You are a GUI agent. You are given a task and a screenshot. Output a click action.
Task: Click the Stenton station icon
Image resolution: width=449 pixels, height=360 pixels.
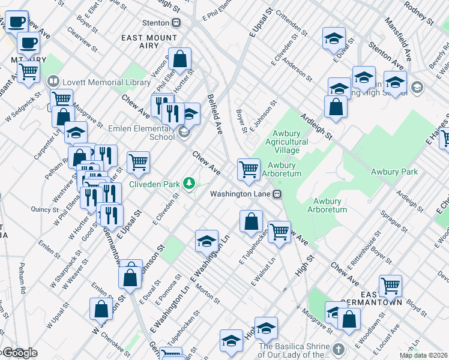point(176,23)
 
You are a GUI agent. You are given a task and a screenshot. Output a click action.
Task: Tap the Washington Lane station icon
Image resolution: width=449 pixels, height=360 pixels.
point(277,194)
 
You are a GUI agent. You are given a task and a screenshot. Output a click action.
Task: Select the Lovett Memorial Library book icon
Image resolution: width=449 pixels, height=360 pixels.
point(53,81)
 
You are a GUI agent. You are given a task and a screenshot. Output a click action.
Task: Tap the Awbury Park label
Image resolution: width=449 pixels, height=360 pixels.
point(393,172)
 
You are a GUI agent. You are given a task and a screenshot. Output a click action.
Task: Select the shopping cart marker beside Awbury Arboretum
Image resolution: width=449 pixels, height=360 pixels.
point(249,169)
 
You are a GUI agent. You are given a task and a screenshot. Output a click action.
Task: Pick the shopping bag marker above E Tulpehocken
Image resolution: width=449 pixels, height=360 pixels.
point(251,221)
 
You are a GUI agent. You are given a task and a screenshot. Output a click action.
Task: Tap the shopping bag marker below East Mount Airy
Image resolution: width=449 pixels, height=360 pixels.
point(179,59)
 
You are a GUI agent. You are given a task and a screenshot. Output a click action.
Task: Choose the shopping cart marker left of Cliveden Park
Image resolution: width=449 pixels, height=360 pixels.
point(138,161)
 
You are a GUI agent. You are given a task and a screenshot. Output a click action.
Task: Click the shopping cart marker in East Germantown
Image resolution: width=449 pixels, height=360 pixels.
point(390,286)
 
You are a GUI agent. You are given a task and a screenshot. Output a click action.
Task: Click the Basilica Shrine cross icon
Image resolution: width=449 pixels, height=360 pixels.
point(338,349)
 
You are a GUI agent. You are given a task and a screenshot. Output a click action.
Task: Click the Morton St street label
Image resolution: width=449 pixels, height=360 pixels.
point(208,293)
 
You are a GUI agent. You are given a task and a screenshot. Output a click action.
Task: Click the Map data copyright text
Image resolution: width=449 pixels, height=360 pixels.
point(423,355)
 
